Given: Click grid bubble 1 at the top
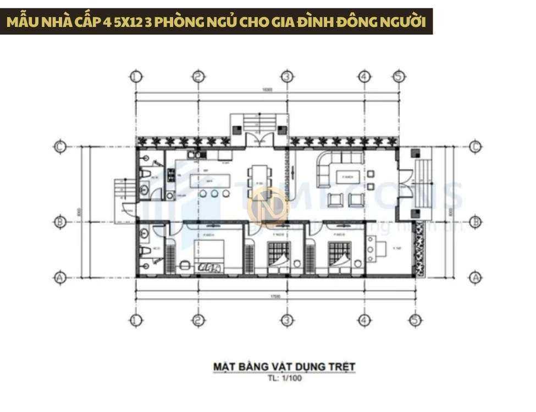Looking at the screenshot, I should coord(136,76).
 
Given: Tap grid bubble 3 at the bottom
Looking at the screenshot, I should coord(286,320).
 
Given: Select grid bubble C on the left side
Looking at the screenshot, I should coord(60,147).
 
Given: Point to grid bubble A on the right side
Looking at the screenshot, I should coord(476,278).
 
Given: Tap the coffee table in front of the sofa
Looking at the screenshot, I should coord(346,177).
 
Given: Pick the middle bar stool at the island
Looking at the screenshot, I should coord(214,194).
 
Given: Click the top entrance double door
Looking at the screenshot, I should coord(259,138).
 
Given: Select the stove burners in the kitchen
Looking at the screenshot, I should coord(170,176).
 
